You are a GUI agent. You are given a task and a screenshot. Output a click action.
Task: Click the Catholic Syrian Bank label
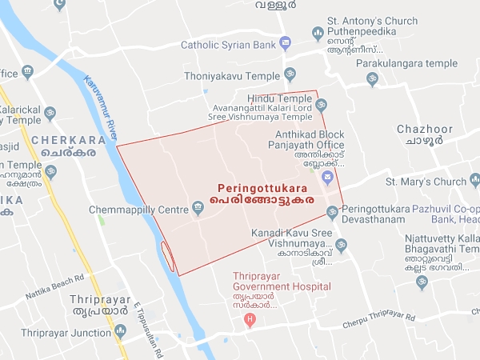click(227, 45)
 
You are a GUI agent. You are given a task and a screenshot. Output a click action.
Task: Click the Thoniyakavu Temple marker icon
click(290, 74)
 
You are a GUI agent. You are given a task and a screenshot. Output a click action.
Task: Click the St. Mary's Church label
click(426, 182)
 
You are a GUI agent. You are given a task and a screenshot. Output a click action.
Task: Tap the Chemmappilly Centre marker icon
click(198, 210)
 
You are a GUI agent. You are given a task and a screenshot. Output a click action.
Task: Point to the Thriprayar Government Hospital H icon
click(250, 321)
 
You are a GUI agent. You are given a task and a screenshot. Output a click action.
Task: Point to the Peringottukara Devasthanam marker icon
click(333, 212)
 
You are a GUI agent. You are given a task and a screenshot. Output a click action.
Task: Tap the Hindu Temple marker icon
click(321, 105)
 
